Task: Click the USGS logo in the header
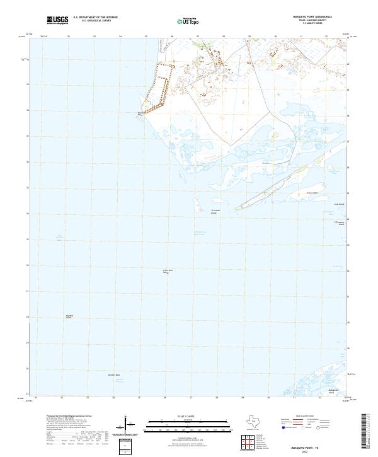click(57, 20)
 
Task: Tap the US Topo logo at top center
click(189, 20)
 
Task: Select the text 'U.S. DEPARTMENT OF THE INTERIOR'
click(96, 17)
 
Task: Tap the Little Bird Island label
click(168, 271)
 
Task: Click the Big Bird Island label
click(69, 316)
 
